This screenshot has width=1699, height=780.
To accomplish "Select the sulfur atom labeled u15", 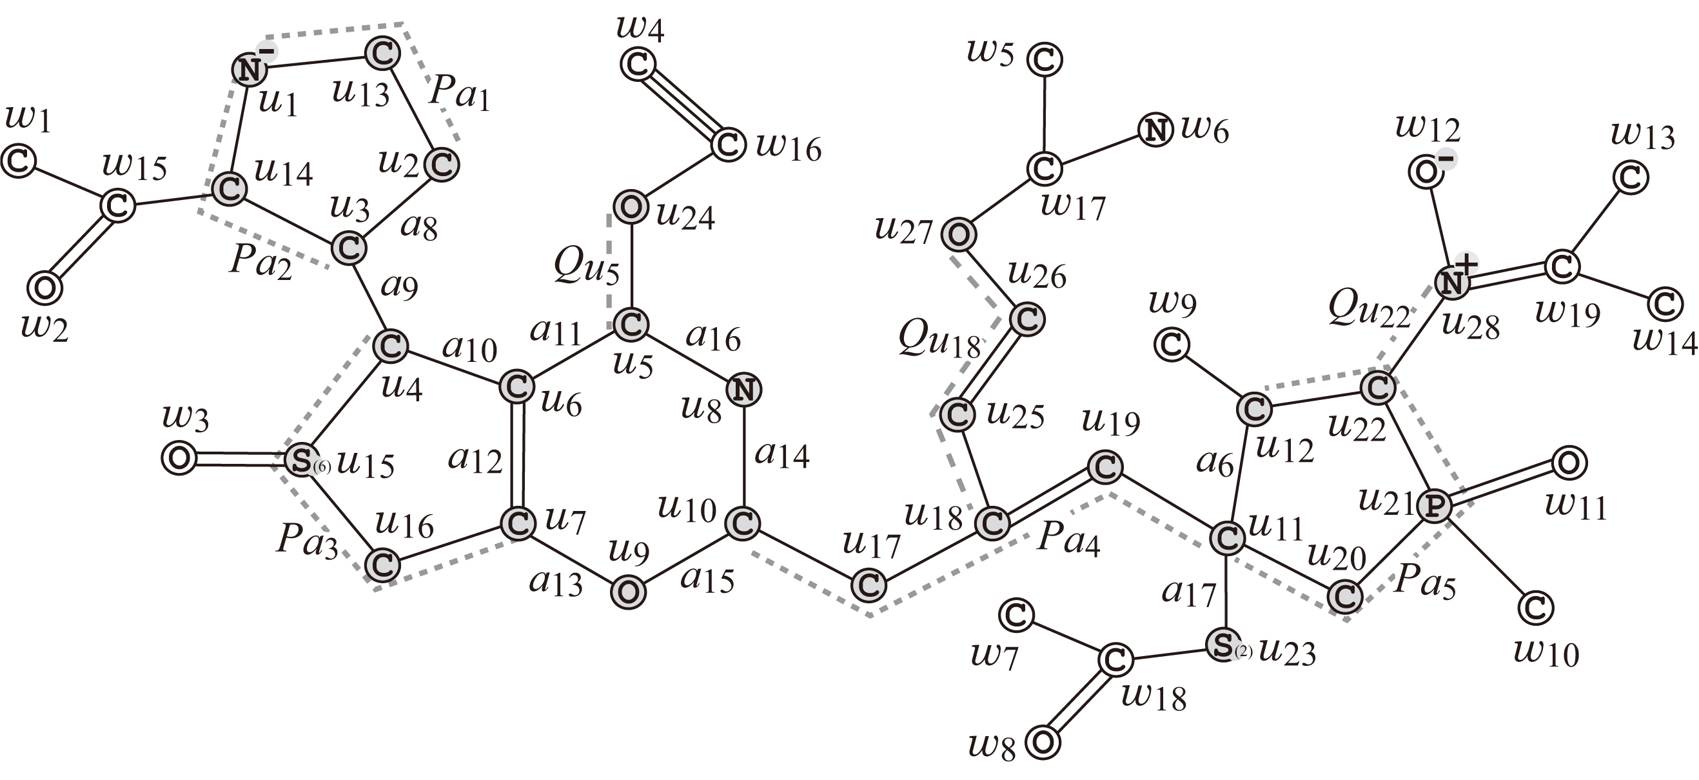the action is click(x=301, y=460).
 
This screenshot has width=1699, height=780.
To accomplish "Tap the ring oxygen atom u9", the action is click(x=629, y=592).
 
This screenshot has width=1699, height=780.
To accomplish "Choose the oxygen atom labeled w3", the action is click(x=179, y=458).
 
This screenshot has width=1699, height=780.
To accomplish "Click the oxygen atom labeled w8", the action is click(x=1043, y=743).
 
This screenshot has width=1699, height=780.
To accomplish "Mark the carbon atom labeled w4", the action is click(x=638, y=65).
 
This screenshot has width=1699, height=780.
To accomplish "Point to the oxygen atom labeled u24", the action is click(x=631, y=207).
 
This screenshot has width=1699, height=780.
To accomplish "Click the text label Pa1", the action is click(x=459, y=94).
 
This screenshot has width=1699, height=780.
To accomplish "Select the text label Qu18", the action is click(x=939, y=341).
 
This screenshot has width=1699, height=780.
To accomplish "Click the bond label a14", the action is click(x=781, y=454).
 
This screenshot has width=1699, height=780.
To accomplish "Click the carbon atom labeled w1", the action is click(x=18, y=161).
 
